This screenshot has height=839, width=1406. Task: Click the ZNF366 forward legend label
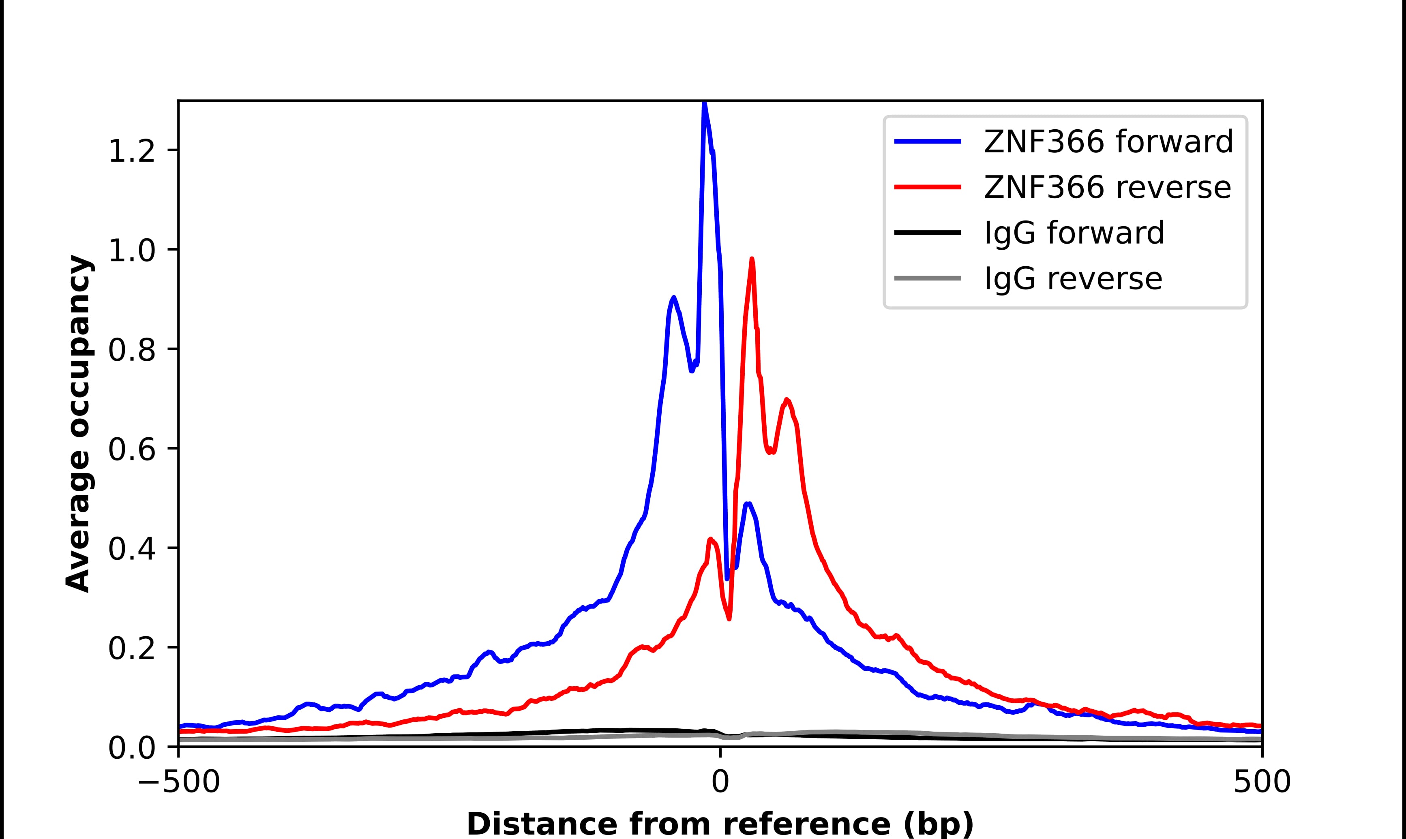[1108, 141]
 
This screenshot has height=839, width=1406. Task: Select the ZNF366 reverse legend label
[1107, 187]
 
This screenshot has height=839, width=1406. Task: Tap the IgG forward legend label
[1074, 233]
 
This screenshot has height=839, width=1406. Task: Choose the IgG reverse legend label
[1073, 279]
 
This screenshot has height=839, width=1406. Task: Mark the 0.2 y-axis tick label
[131, 649]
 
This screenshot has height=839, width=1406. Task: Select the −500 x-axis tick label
[179, 783]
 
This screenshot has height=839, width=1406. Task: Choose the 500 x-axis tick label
[1262, 783]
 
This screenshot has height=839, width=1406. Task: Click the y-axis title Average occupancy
[78, 424]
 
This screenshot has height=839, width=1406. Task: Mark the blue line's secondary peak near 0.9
[673, 298]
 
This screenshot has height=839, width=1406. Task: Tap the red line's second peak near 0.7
[787, 399]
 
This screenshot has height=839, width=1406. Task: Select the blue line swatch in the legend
[928, 141]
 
